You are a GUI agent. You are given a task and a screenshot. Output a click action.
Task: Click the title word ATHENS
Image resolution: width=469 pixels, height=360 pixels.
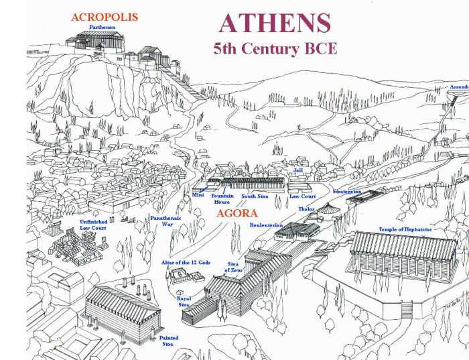[275, 23]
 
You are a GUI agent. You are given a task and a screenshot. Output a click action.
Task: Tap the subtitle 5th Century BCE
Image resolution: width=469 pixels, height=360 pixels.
[275, 48]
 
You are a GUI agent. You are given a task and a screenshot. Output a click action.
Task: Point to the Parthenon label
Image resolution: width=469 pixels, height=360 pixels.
[105, 27]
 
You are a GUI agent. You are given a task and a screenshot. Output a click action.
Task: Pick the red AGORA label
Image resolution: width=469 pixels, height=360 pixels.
[237, 215]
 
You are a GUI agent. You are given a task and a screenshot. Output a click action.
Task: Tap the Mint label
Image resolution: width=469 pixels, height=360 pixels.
[198, 195]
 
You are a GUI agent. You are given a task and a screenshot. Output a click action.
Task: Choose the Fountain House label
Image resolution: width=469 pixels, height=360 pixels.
[222, 198]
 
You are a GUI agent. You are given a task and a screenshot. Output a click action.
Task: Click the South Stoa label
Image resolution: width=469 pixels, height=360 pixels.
[255, 196]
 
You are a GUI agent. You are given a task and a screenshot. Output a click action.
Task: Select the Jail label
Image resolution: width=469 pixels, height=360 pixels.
[299, 171]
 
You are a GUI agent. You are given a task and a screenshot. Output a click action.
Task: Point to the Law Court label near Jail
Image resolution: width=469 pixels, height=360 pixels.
[302, 196]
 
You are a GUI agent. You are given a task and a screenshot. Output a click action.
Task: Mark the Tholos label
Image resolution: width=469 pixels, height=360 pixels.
[307, 209]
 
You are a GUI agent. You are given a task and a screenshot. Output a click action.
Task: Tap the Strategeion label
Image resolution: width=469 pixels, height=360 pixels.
[347, 191]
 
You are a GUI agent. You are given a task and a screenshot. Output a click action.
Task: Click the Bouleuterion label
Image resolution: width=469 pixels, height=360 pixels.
[266, 225]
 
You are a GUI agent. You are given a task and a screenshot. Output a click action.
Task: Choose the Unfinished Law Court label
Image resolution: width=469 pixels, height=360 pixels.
[94, 225]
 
